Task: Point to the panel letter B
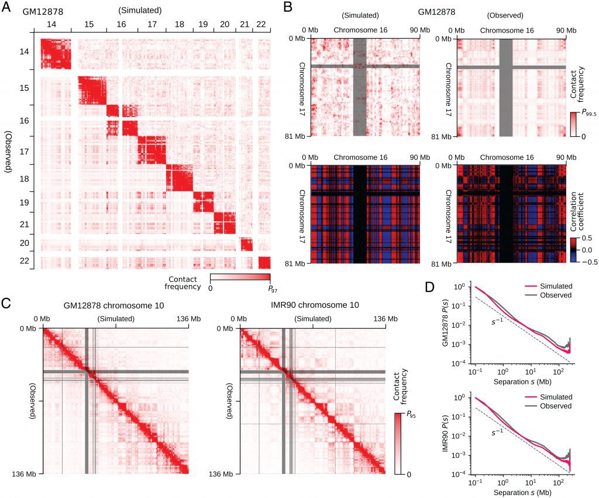tap(287, 8)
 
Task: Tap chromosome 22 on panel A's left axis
tap(24, 261)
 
